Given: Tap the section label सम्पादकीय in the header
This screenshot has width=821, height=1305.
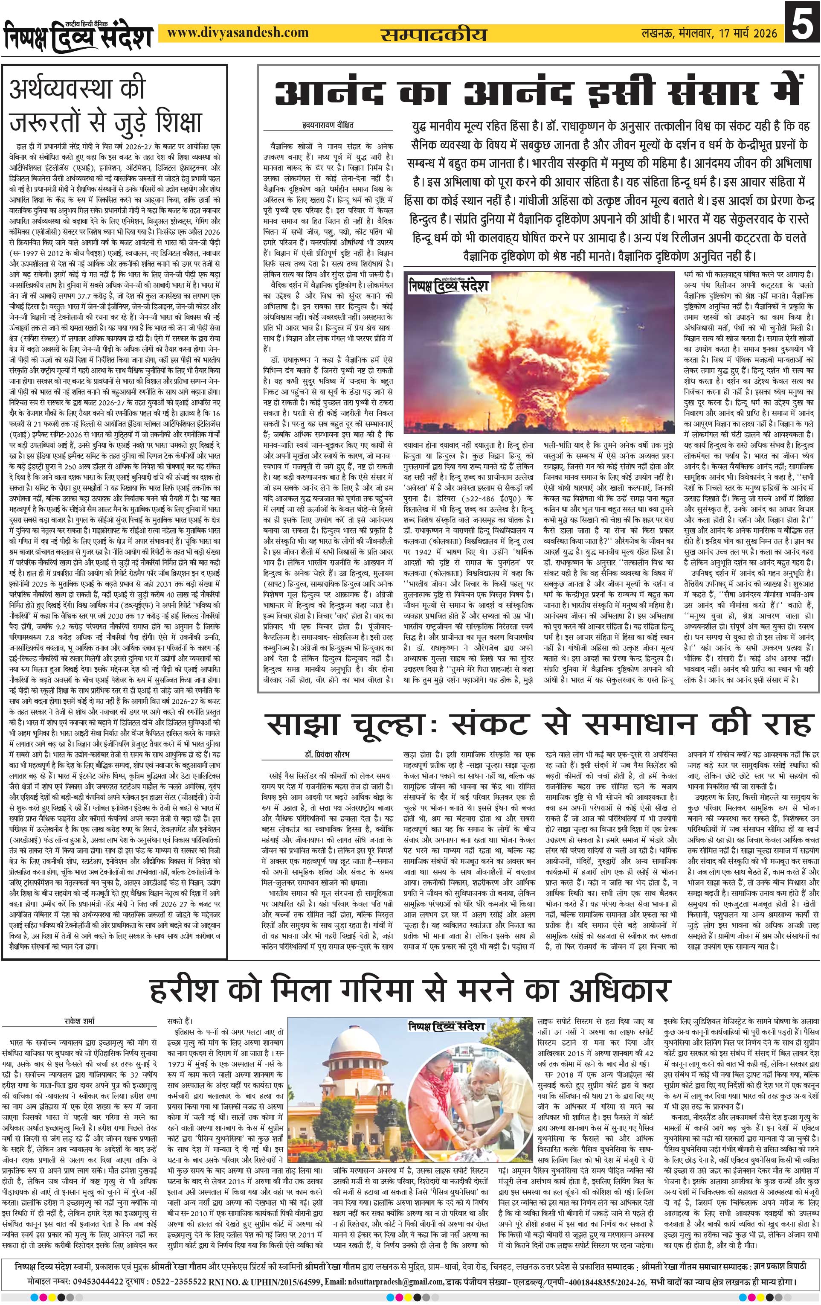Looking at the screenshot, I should (433, 35).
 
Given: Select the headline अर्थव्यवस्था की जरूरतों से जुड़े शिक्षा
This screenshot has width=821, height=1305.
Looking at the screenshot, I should (106, 106).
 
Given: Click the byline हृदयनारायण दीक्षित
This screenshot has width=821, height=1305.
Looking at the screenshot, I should (328, 125).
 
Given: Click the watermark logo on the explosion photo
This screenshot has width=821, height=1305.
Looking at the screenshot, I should (449, 285).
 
